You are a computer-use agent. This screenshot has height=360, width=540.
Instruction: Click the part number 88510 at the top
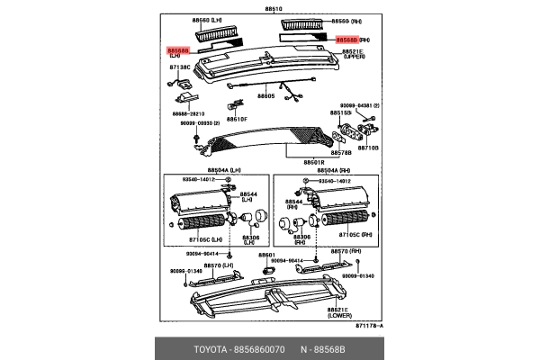click(x=272, y=9)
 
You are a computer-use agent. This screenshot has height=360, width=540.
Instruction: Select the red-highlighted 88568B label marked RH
click(x=346, y=40)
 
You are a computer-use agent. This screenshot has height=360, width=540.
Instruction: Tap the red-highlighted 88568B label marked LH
click(x=178, y=50)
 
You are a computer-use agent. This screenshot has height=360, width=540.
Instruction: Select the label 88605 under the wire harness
click(x=265, y=95)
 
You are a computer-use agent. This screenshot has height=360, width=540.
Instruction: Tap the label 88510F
click(x=237, y=119)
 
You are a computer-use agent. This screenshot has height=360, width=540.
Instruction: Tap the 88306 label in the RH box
click(x=303, y=237)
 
